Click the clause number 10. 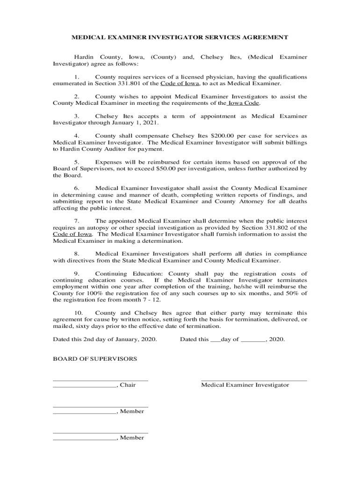(x=79, y=313)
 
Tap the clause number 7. (x=77, y=221)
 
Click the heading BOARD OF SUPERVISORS (x=95, y=359)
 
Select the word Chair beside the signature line (x=128, y=385)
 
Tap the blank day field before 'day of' (x=215, y=340)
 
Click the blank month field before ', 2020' (x=253, y=340)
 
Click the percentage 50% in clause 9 (x=295, y=293)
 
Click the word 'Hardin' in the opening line (x=85, y=57)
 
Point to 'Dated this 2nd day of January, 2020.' (x=105, y=339)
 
